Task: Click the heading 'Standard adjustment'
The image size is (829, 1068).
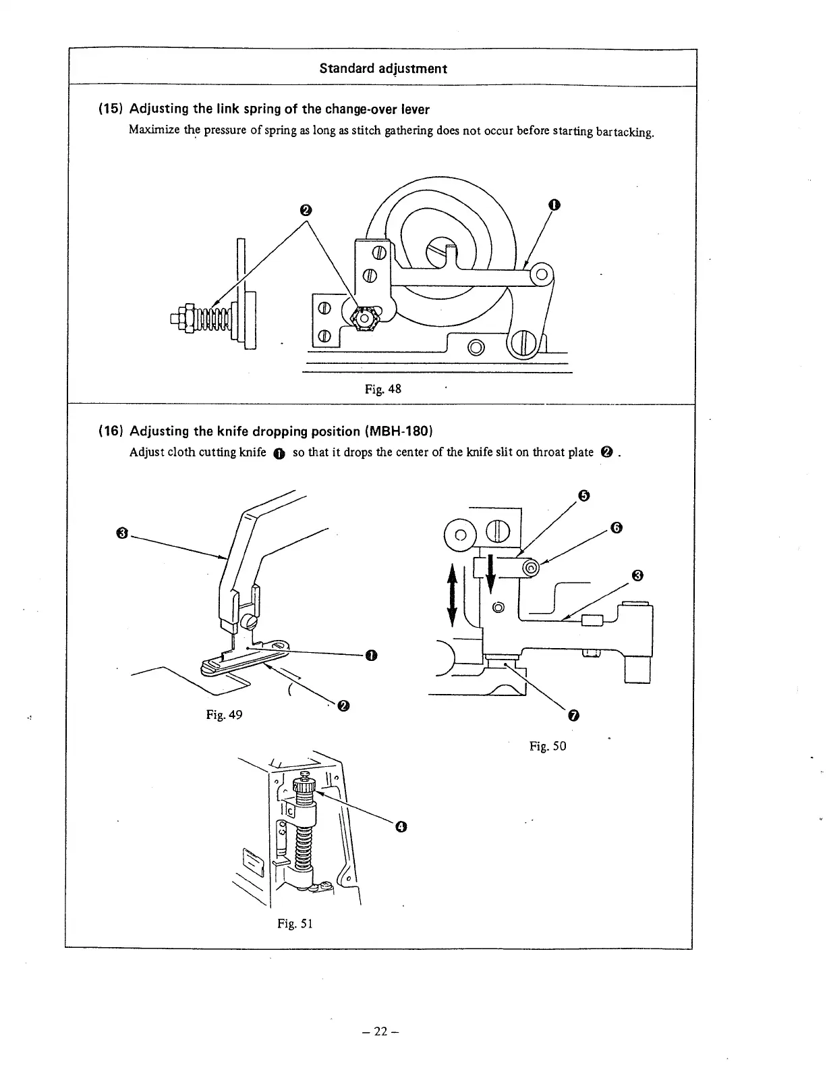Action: tap(383, 68)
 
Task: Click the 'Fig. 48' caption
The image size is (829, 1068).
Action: tap(382, 389)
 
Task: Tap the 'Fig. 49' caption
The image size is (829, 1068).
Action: tap(224, 714)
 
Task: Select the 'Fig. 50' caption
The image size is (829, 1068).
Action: tap(548, 745)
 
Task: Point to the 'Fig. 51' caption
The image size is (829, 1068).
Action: tap(295, 923)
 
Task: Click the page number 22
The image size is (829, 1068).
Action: tap(381, 1031)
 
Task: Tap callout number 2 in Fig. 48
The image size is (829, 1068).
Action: tap(305, 211)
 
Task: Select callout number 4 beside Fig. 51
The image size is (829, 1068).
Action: tap(401, 826)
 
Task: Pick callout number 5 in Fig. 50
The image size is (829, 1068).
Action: tap(584, 496)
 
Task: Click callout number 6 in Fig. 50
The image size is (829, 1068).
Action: tap(615, 527)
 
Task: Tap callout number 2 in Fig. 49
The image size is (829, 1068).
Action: tap(343, 706)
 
